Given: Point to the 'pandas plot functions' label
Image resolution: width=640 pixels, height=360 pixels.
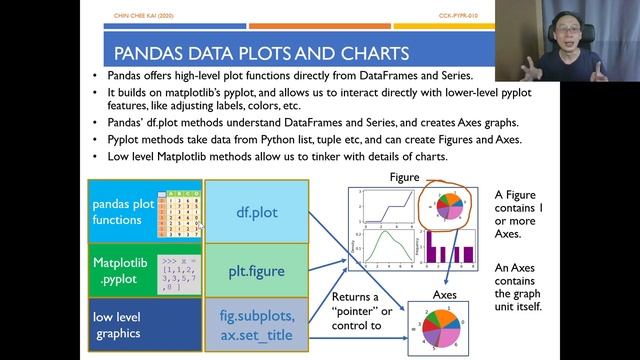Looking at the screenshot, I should coord(123,212).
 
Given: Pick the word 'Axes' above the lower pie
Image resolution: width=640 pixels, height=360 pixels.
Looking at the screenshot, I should coord(445,296).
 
